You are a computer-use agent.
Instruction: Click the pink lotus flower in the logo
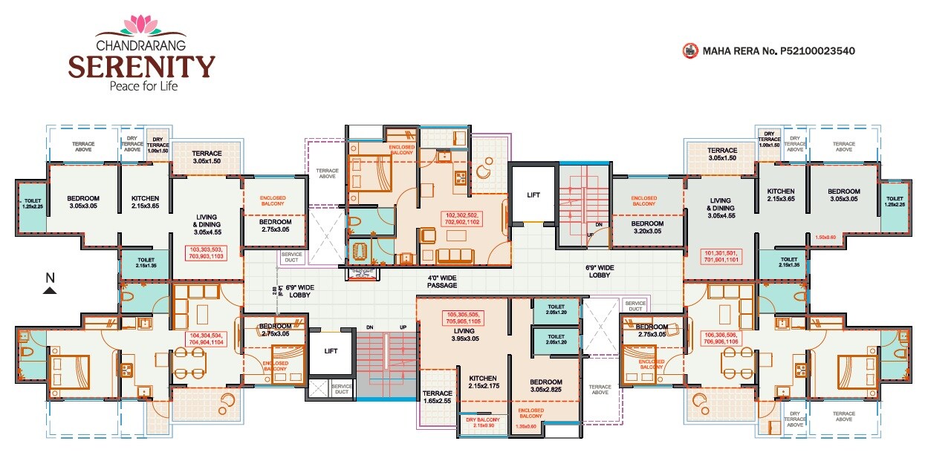[x=141, y=25]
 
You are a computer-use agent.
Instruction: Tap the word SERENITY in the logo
[x=141, y=66]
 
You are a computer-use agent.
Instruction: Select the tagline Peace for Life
[x=141, y=85]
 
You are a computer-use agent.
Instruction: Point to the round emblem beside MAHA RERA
[x=689, y=51]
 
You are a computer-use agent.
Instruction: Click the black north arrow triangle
[x=50, y=290]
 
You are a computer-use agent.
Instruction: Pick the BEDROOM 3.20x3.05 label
[x=646, y=227]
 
